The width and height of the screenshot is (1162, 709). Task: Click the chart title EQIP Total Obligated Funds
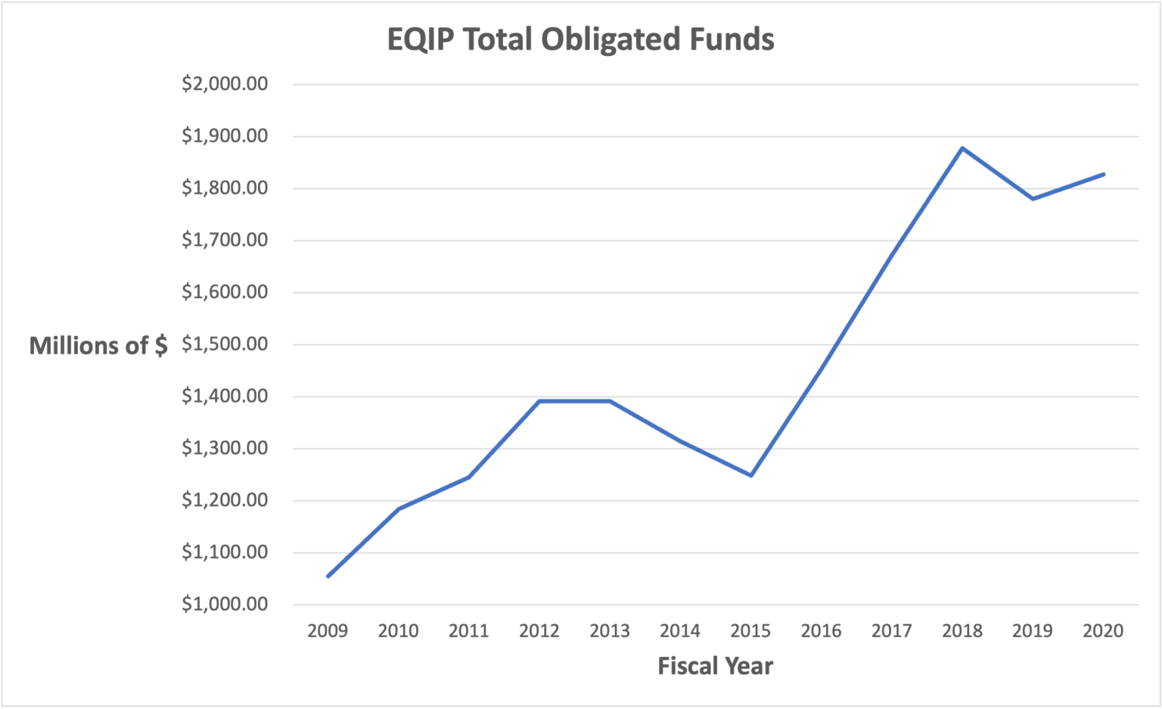[x=580, y=39]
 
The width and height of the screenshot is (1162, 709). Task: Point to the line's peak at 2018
[x=962, y=148]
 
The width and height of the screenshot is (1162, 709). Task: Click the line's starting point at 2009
[x=328, y=577]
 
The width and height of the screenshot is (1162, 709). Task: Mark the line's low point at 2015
[x=750, y=475]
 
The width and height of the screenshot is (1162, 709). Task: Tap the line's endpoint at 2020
[x=1103, y=175]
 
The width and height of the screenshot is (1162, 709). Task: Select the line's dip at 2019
[x=1033, y=199]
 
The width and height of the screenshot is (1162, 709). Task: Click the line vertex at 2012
[x=539, y=401]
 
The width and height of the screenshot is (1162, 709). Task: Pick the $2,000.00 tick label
[x=225, y=84]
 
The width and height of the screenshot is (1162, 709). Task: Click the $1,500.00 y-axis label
[x=225, y=344]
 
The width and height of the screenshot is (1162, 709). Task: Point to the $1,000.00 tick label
[x=225, y=605]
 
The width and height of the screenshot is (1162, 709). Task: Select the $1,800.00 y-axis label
[x=225, y=188]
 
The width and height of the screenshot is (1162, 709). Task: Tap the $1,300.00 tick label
[x=225, y=449]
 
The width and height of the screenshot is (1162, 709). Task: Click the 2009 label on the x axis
[x=328, y=631]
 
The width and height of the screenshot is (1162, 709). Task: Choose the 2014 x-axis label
[x=680, y=631]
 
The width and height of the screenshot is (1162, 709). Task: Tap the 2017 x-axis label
[x=891, y=631]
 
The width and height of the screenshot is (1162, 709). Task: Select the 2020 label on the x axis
[x=1103, y=631]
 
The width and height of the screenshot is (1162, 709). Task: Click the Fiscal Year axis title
[x=715, y=666]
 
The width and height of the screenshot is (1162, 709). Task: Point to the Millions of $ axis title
[x=98, y=346]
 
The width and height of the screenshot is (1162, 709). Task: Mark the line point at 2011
[x=469, y=477]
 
